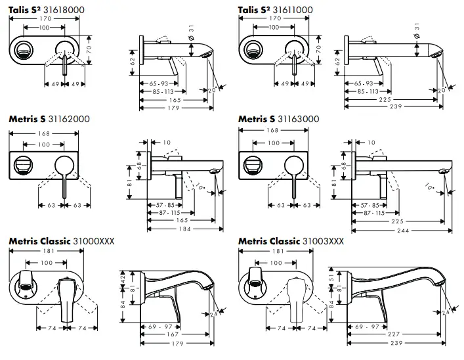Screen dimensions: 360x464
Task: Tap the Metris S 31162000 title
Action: click(x=49, y=119)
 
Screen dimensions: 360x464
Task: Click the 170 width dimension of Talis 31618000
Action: click(x=45, y=20)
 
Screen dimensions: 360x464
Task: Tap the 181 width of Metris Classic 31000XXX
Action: click(x=47, y=251)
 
